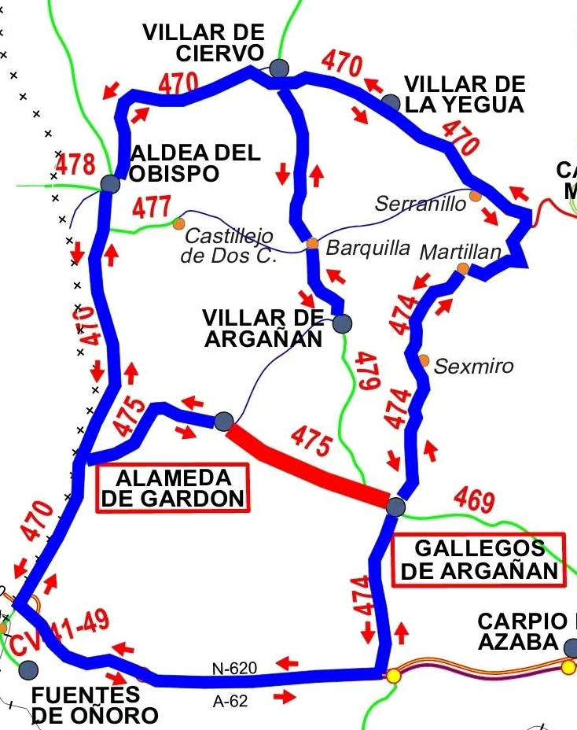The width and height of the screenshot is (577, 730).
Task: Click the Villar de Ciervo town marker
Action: click(279, 68)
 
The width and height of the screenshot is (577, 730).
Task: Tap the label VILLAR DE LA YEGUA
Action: click(464, 94)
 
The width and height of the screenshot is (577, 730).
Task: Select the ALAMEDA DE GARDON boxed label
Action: click(172, 488)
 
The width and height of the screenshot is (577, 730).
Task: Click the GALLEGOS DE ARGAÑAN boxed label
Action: click(479, 559)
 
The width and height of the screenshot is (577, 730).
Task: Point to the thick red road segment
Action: click(307, 463)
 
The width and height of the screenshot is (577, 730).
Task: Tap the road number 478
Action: click(75, 165)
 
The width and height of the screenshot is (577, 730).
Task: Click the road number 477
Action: click(152, 208)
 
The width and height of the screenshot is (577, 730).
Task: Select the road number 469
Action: click(474, 501)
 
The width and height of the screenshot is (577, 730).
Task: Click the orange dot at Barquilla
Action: click(312, 244)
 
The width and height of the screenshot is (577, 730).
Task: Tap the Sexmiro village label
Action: click(473, 366)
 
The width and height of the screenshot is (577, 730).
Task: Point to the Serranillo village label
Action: click(421, 203)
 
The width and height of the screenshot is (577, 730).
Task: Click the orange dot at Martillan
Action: click(463, 269)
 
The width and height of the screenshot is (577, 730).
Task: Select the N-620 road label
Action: click(235, 669)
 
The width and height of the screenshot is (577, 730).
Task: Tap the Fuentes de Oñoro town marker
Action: click(28, 669)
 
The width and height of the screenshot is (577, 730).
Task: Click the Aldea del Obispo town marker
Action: click(110, 184)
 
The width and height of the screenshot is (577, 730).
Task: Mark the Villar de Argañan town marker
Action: click(342, 323)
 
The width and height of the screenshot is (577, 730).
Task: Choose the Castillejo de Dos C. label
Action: click(228, 245)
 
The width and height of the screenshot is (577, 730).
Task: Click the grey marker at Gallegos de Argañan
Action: click(395, 506)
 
